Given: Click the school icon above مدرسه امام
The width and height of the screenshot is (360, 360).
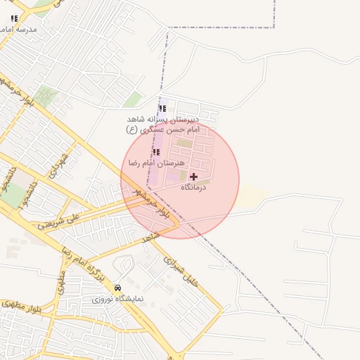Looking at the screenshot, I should pyautogui.click(x=14, y=18).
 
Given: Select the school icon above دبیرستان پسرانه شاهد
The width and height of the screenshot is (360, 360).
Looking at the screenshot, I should pyautogui.click(x=163, y=108).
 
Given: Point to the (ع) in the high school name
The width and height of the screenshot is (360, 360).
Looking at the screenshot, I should pyautogui.click(x=131, y=130).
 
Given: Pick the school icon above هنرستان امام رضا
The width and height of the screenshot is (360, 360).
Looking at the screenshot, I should pyautogui.click(x=155, y=151).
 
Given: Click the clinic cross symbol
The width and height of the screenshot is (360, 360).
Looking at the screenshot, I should pyautogui.click(x=194, y=176).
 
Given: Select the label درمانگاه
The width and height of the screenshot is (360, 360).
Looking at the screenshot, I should pyautogui.click(x=196, y=188).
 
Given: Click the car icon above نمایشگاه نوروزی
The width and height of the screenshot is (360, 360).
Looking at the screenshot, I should pyautogui.click(x=117, y=287).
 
